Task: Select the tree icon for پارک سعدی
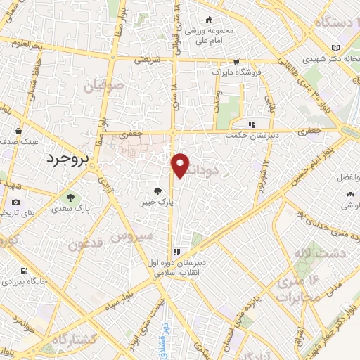click(69, 195)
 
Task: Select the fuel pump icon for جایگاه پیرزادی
click(25, 271)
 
